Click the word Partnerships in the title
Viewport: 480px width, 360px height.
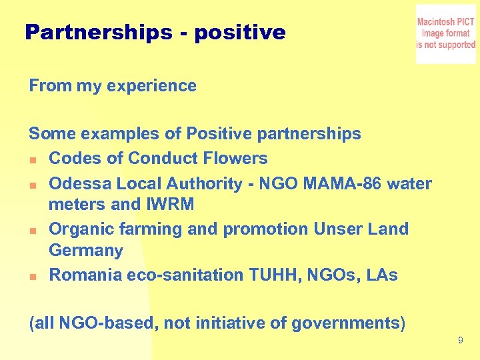(x=98, y=33)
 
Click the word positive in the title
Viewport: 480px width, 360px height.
(x=239, y=33)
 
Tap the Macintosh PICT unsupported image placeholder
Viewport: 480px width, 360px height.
(x=445, y=34)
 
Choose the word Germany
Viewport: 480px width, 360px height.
(x=86, y=251)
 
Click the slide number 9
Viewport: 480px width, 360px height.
(x=461, y=341)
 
